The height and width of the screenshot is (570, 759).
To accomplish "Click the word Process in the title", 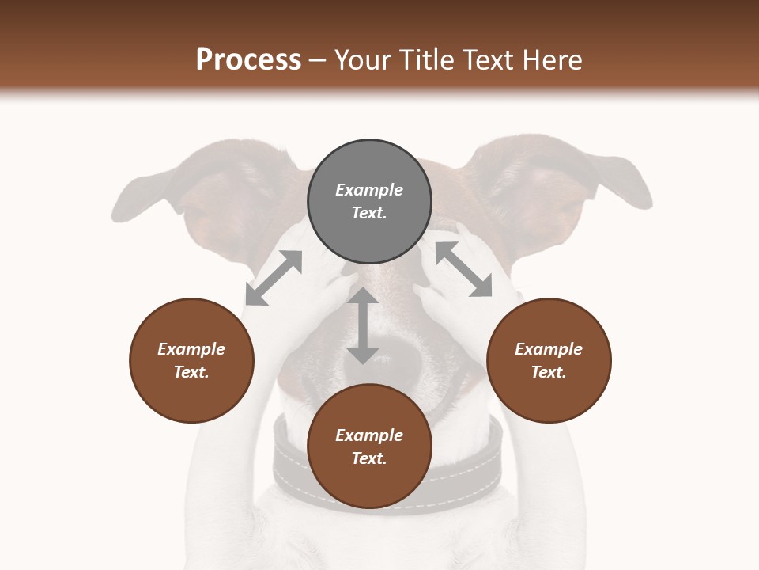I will coord(248,60).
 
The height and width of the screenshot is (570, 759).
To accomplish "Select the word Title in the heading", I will coord(428,60).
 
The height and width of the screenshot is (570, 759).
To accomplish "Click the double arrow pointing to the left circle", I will coord(274,277).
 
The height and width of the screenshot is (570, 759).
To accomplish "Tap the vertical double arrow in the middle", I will coord(363,325).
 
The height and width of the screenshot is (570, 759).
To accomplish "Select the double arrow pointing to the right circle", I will coord(464,269).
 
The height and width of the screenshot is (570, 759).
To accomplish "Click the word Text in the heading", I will coord(490,60).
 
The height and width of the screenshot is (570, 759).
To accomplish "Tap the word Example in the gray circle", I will coord(369,190).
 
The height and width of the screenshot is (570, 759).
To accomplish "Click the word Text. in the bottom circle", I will coord(369,458).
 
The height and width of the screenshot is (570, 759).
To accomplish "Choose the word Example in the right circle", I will coord(549,349).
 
